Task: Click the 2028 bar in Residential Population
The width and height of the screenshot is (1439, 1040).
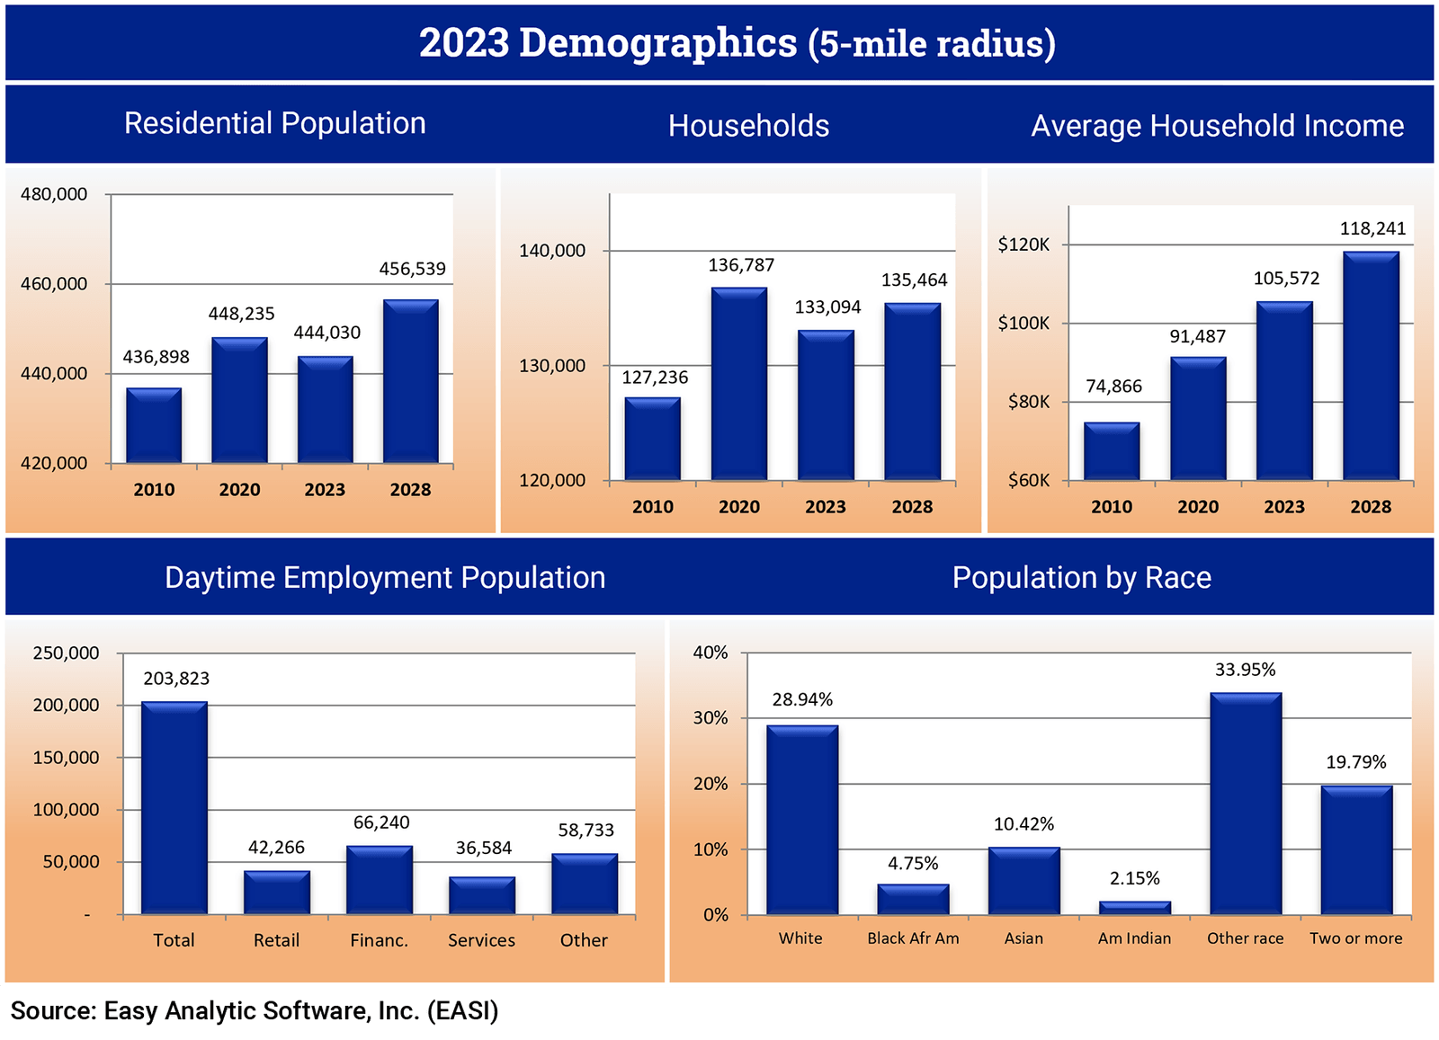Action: click(411, 382)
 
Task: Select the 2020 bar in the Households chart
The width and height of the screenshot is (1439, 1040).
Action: click(739, 384)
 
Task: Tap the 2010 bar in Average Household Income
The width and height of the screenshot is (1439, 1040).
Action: click(1112, 451)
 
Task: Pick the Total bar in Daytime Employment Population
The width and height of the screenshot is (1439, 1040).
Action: click(174, 808)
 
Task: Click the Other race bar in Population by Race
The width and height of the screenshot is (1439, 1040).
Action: click(1246, 804)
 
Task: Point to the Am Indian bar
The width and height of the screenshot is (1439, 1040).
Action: click(1135, 908)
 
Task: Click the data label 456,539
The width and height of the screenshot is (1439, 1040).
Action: click(412, 269)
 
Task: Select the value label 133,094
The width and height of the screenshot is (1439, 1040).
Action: click(827, 307)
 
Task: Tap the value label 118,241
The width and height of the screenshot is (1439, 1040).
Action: click(1372, 228)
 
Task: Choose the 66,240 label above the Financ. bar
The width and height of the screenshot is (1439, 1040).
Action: click(381, 822)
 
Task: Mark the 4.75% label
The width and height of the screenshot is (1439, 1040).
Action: click(913, 864)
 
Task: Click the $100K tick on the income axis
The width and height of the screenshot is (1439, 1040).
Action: click(1023, 324)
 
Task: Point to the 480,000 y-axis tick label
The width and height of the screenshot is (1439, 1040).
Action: click(54, 194)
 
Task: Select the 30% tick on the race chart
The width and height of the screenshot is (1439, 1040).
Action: click(711, 718)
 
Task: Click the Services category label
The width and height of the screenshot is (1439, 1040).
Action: click(482, 940)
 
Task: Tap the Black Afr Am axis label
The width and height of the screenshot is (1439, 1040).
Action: click(913, 938)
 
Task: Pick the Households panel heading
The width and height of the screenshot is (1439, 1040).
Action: click(748, 126)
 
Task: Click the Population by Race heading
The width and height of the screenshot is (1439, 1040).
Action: click(1081, 577)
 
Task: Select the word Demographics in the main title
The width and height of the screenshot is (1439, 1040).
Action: click(657, 43)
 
